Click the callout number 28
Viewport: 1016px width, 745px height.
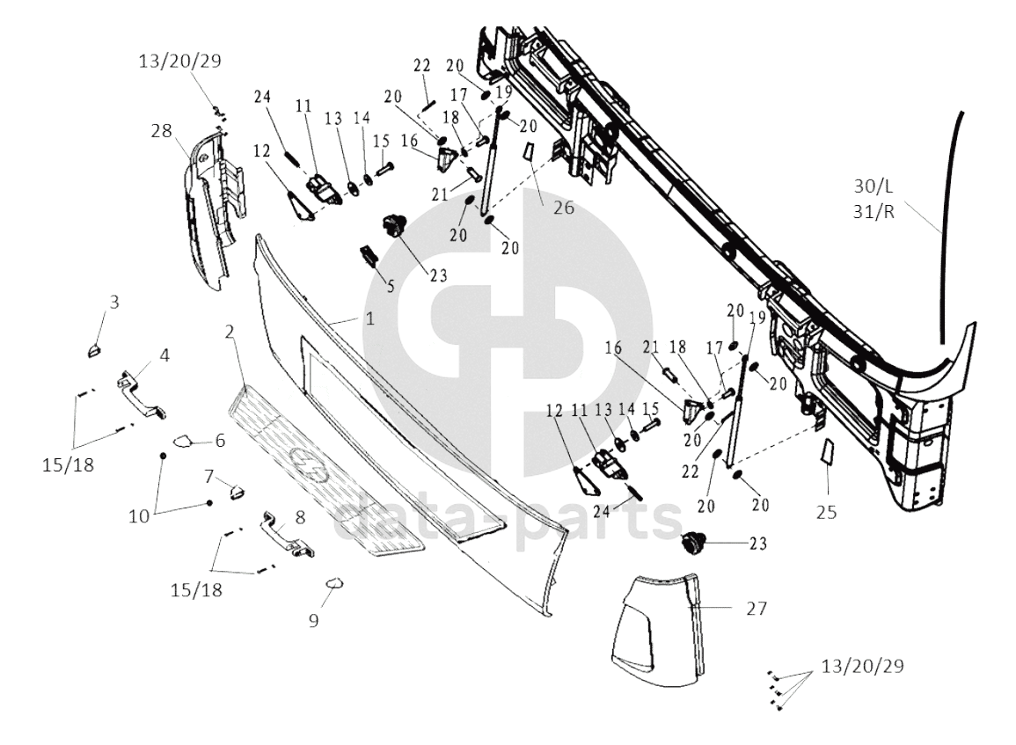tap(161, 131)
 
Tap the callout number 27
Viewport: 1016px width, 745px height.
tap(757, 609)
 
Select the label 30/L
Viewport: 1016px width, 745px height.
tap(873, 186)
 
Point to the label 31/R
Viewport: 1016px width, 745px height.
tap(873, 212)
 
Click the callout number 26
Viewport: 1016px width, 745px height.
tap(564, 208)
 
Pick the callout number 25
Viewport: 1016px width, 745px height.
tap(826, 513)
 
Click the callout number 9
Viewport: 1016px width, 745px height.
tap(314, 621)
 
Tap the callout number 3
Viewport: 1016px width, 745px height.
tap(114, 302)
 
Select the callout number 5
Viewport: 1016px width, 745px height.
tap(390, 286)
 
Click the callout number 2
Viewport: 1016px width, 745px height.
tap(230, 332)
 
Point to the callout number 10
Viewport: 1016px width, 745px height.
tap(139, 515)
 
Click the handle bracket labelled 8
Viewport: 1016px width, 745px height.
tap(288, 534)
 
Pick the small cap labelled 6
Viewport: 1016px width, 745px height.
tap(183, 442)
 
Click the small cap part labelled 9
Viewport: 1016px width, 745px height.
tap(334, 584)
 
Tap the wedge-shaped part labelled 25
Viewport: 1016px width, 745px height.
tap(828, 452)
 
